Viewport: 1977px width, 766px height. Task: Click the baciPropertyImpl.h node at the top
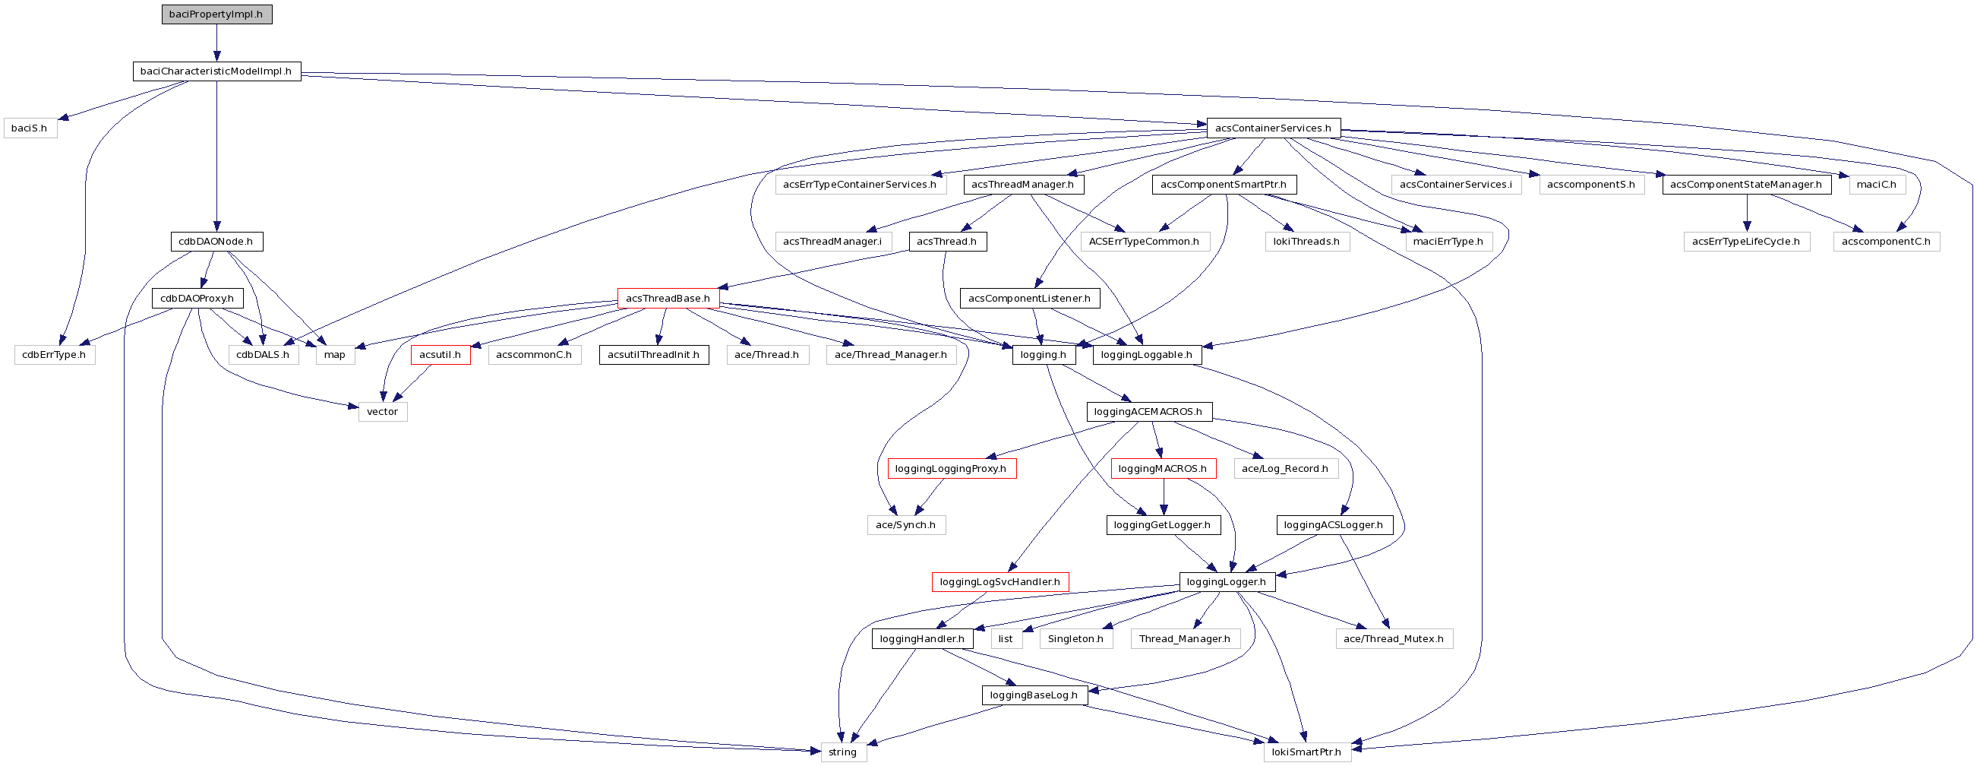(216, 14)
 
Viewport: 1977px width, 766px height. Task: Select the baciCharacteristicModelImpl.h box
(216, 71)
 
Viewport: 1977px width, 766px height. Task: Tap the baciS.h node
(30, 128)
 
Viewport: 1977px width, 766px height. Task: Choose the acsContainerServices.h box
(1273, 128)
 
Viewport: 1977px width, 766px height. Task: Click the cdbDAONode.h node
(216, 242)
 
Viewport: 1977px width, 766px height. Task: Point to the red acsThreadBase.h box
(668, 299)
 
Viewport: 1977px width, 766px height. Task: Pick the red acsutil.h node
(441, 355)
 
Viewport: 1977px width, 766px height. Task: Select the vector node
(382, 412)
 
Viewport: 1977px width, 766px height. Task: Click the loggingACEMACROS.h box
(1149, 412)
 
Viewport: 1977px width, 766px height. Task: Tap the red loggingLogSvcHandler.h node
(1000, 583)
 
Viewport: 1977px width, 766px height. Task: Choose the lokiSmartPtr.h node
(1307, 752)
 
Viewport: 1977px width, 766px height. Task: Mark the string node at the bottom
(843, 752)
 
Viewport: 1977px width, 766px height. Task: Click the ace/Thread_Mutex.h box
(1394, 639)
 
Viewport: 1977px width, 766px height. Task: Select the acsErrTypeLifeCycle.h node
(1746, 242)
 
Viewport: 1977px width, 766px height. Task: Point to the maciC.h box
(1877, 185)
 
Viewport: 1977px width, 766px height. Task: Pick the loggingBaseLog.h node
(1034, 695)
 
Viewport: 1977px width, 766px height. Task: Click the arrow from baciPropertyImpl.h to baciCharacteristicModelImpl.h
(216, 43)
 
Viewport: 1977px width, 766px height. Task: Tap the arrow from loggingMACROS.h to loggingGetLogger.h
(1164, 497)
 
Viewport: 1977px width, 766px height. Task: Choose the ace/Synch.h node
(905, 526)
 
